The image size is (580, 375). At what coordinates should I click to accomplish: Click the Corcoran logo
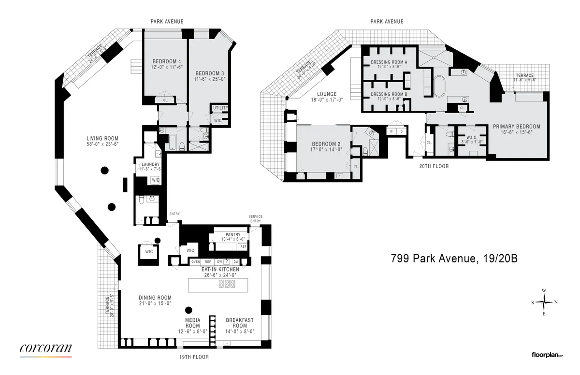[46, 348]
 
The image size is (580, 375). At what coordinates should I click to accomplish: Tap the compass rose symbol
[544, 302]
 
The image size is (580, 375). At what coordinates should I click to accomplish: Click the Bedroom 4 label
[166, 61]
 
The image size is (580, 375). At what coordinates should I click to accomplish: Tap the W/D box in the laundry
[156, 180]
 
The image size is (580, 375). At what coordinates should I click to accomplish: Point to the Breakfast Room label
[240, 320]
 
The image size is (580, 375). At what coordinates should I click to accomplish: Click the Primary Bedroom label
[516, 127]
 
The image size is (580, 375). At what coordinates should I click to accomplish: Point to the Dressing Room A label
[389, 62]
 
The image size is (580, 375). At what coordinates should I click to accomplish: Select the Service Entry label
[255, 219]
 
